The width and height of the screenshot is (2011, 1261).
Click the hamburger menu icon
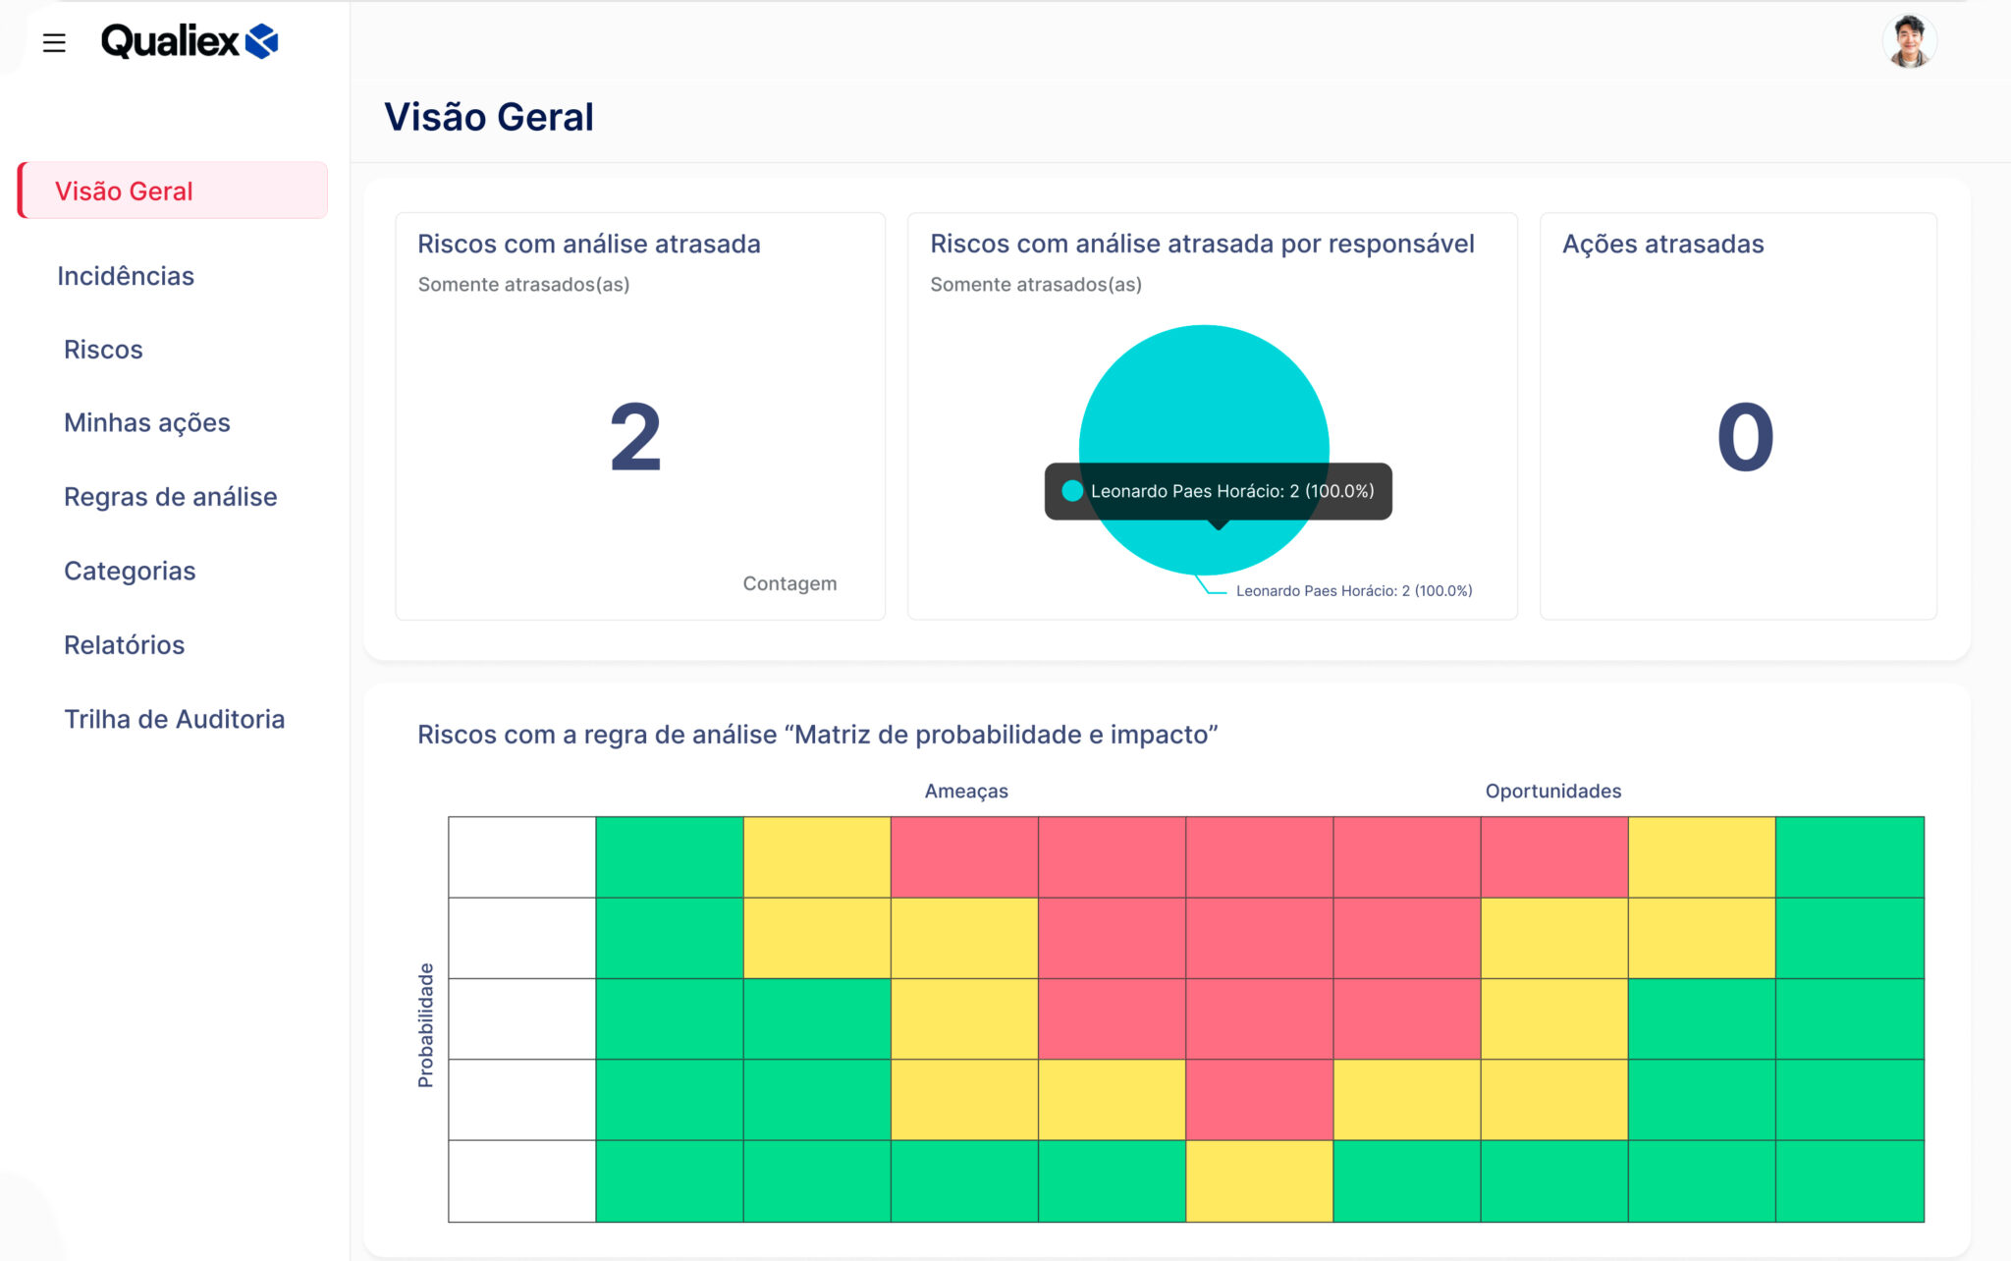point(54,43)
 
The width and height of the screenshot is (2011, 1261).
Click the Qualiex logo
point(190,41)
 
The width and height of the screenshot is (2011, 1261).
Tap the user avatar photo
point(1908,42)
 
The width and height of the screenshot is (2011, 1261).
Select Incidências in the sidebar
point(126,276)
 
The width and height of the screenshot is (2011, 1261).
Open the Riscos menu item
point(103,350)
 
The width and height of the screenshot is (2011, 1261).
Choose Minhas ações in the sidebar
point(147,423)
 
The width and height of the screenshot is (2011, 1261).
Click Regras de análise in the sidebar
point(171,497)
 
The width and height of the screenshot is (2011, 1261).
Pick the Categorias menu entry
point(130,571)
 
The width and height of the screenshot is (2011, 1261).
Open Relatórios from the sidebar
point(125,645)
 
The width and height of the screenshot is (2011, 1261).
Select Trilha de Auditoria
point(175,719)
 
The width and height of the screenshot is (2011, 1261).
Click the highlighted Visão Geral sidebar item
point(124,192)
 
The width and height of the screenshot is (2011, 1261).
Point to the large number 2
point(635,438)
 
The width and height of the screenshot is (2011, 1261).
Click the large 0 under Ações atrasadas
point(1745,438)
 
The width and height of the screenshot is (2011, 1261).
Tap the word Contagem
point(789,583)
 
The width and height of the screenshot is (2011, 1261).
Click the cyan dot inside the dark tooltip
point(1072,491)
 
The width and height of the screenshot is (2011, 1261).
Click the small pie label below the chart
point(1353,591)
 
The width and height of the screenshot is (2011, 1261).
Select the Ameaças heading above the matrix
point(966,792)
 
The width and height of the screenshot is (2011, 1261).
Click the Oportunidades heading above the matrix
point(1552,792)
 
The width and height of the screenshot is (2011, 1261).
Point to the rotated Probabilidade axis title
point(425,1024)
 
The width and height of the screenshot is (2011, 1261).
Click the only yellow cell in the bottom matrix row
point(1259,1180)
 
